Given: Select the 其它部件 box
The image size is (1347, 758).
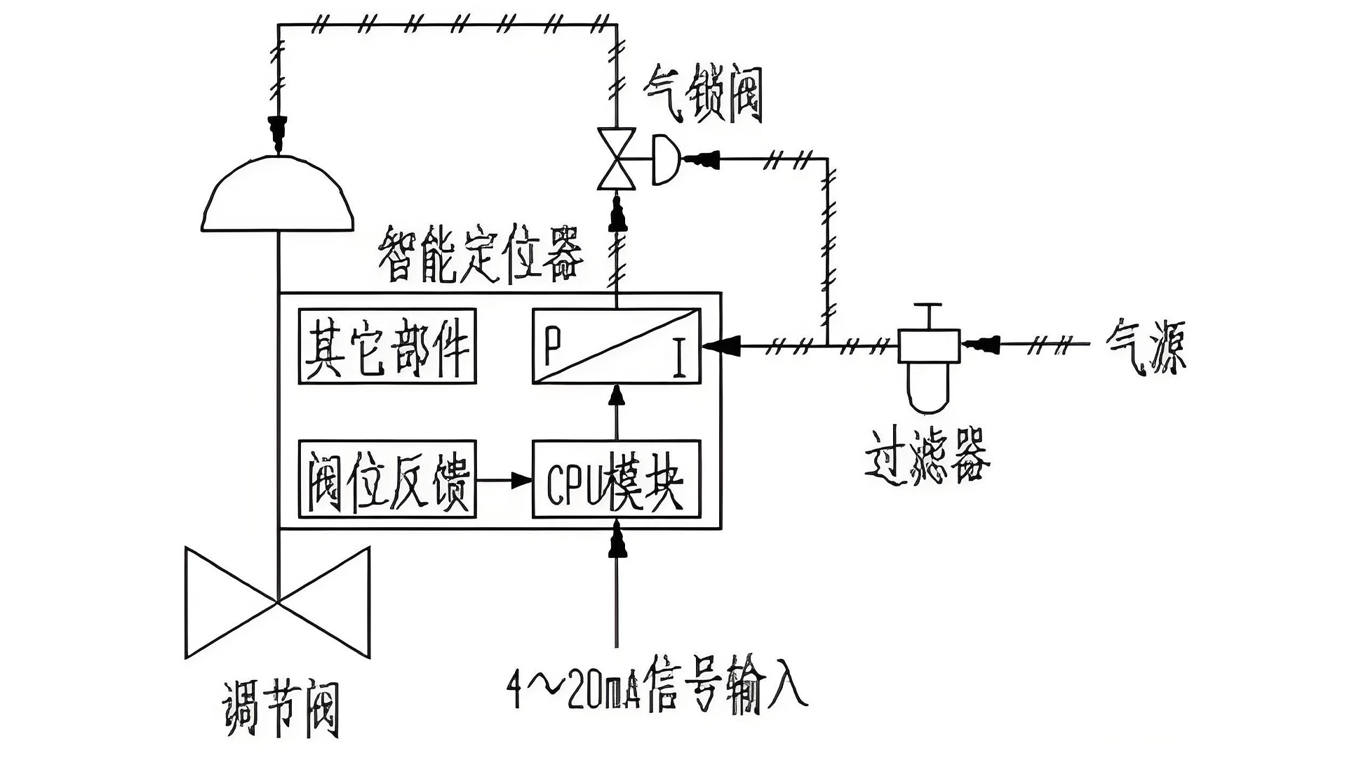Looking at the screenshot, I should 387,346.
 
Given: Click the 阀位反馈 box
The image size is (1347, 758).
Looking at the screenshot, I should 387,479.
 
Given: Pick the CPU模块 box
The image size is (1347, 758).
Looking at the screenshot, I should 616,479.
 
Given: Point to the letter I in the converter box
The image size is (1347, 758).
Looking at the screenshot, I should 678,359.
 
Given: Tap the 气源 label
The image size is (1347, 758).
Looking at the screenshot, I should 1146,346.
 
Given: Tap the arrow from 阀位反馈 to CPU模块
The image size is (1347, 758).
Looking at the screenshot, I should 520,480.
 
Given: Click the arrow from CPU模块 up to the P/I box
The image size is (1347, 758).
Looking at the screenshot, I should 617,397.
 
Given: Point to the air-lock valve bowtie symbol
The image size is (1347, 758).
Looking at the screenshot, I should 616,159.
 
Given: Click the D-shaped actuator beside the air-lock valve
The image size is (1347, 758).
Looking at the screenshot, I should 665,160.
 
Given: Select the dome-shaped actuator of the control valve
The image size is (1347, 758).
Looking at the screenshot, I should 278,197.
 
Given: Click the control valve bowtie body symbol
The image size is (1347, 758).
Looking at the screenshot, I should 278,602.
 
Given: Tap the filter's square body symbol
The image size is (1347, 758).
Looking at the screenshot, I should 929,345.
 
